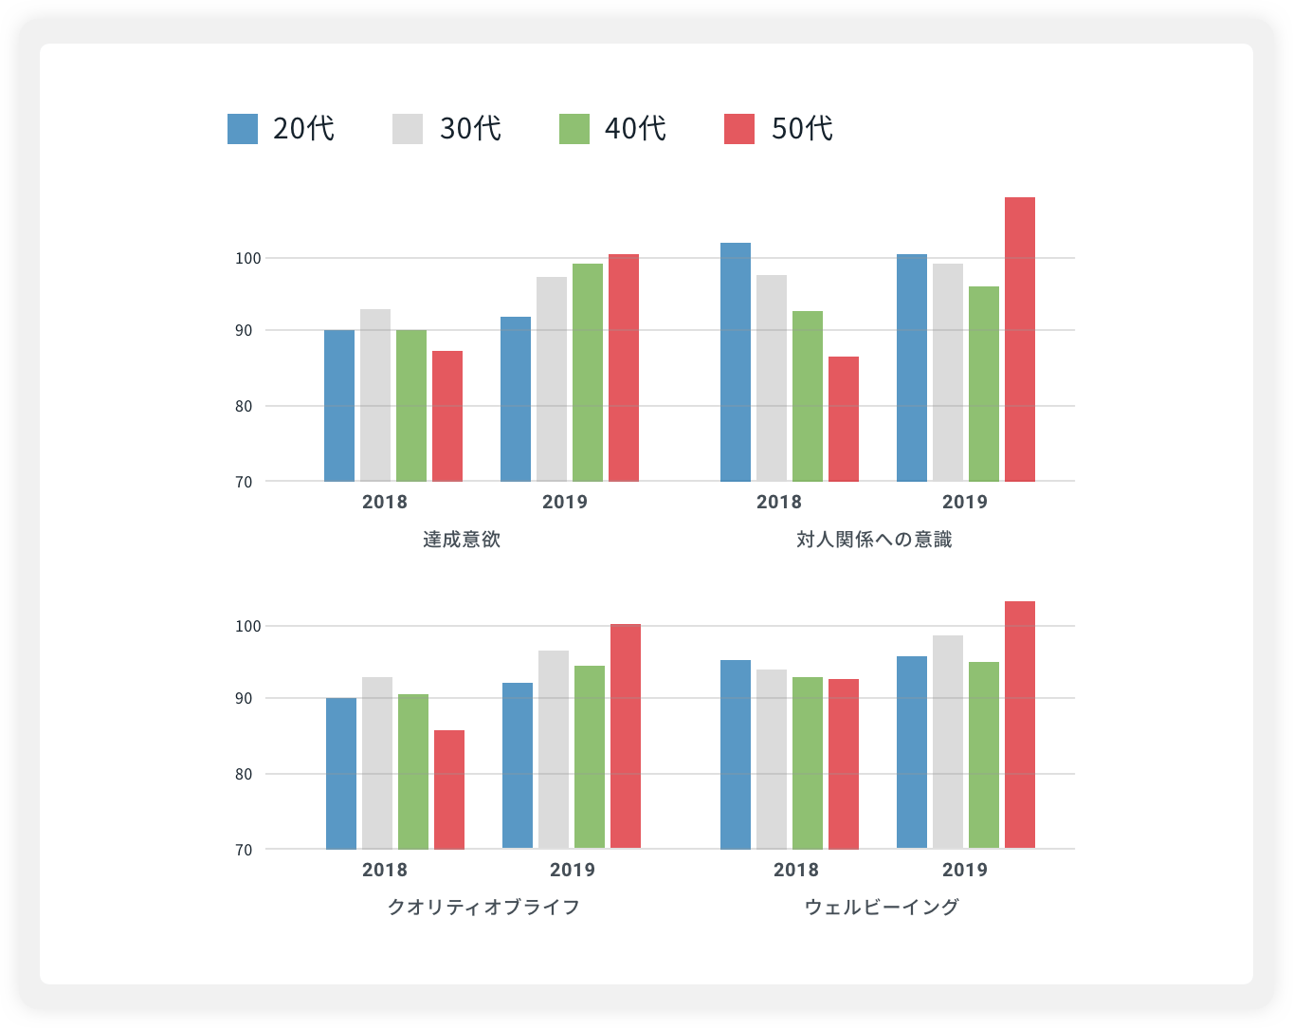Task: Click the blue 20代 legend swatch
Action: pos(243,129)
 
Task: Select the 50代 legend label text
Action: pos(802,129)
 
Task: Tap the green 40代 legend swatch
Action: pos(574,129)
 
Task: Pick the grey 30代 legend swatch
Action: pos(408,129)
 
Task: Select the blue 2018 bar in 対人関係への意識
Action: pos(736,362)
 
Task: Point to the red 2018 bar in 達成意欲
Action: pos(447,416)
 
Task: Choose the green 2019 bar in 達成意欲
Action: pos(588,373)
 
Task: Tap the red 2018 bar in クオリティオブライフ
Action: pos(449,789)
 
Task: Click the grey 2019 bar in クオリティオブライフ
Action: pos(554,749)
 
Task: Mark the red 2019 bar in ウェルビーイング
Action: pos(1020,725)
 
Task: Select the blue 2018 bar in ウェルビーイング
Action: pos(736,754)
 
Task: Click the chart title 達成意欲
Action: pos(462,541)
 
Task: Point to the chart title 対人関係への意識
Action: pos(874,541)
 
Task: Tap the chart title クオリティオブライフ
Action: pos(483,908)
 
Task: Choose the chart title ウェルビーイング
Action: pos(882,908)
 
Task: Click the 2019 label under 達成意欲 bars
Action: pos(565,502)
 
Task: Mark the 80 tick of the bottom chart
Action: pos(245,774)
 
